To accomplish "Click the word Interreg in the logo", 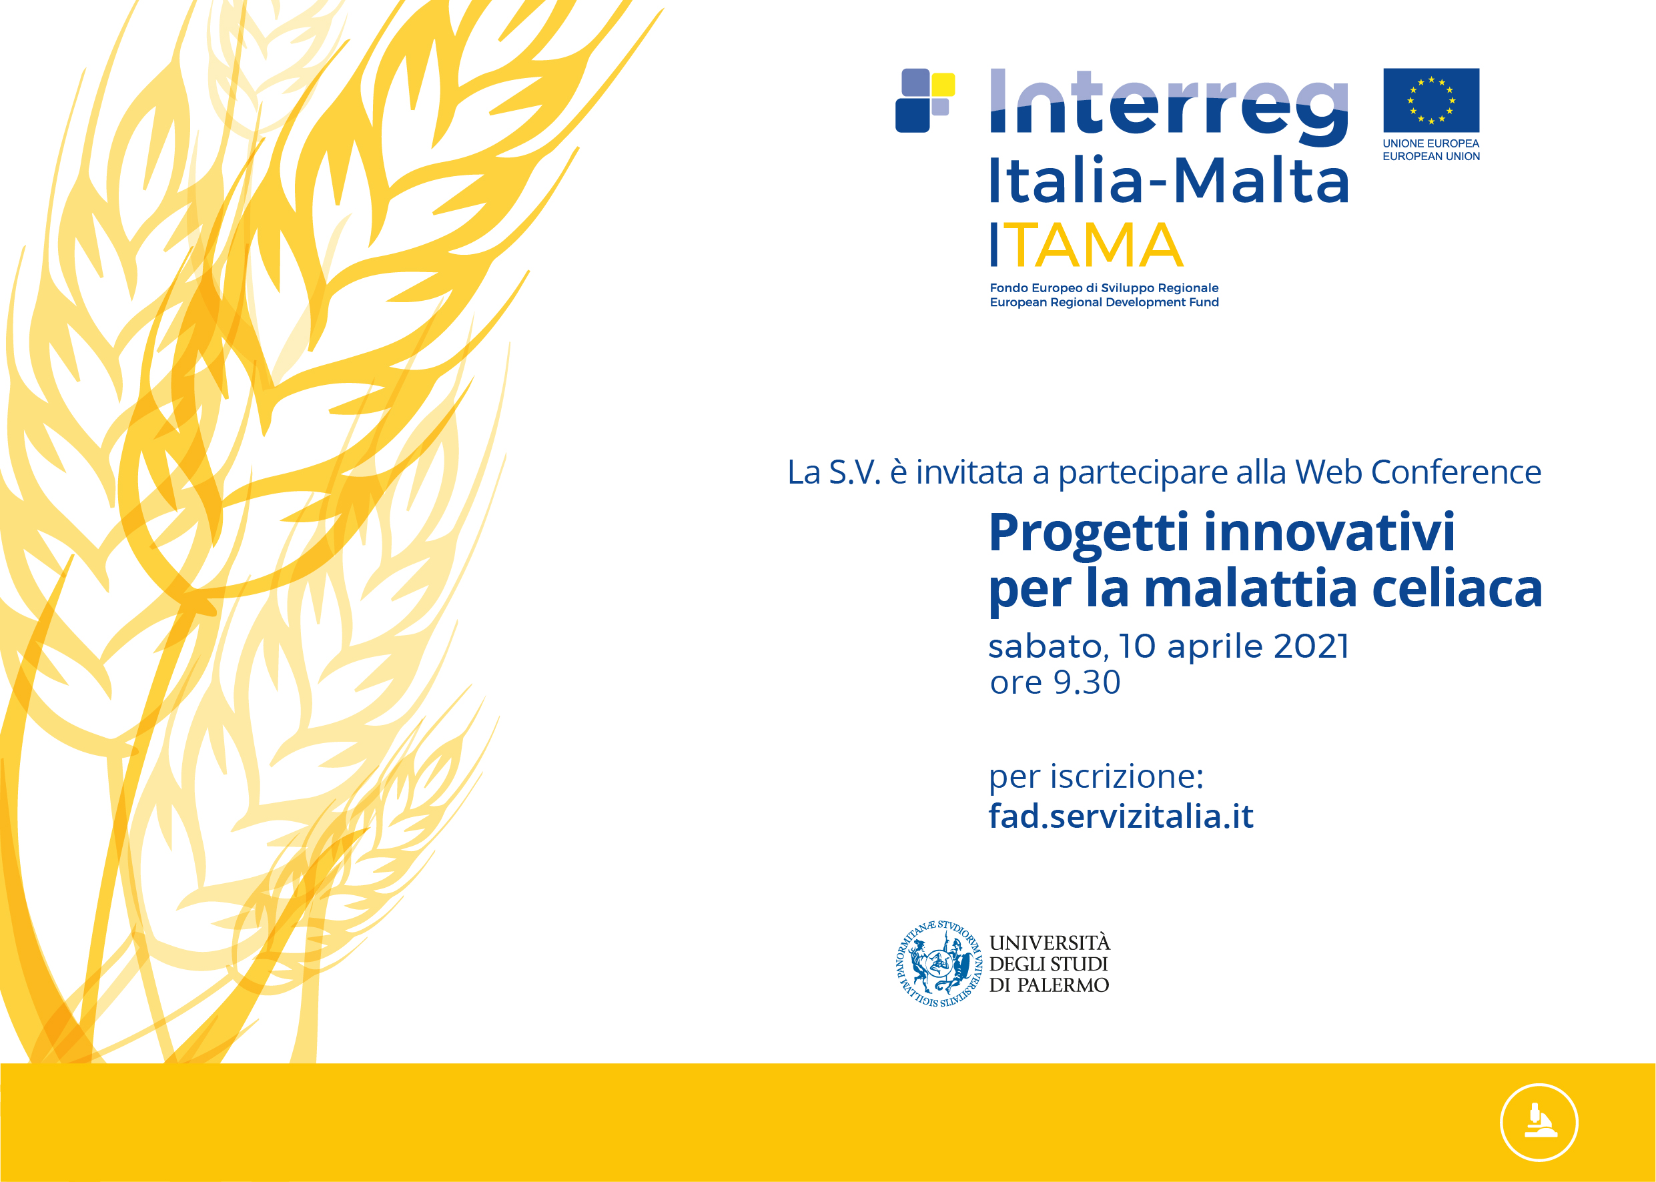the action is [1169, 107].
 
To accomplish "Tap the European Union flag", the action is [1431, 101].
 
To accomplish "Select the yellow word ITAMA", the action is [1087, 245].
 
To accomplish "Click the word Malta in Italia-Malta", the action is [1262, 180].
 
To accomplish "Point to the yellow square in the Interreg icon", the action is [943, 85].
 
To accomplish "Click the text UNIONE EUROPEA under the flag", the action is [1431, 143].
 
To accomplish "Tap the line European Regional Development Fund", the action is [1104, 302].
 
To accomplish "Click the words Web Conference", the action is [1418, 472].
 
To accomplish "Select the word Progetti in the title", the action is [1089, 534].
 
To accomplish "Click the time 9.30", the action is [1087, 682].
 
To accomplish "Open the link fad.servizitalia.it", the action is [1121, 816].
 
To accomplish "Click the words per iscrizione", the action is [1096, 777].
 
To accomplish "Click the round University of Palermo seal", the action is [939, 964].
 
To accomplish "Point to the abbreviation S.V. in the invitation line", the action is [855, 472].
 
